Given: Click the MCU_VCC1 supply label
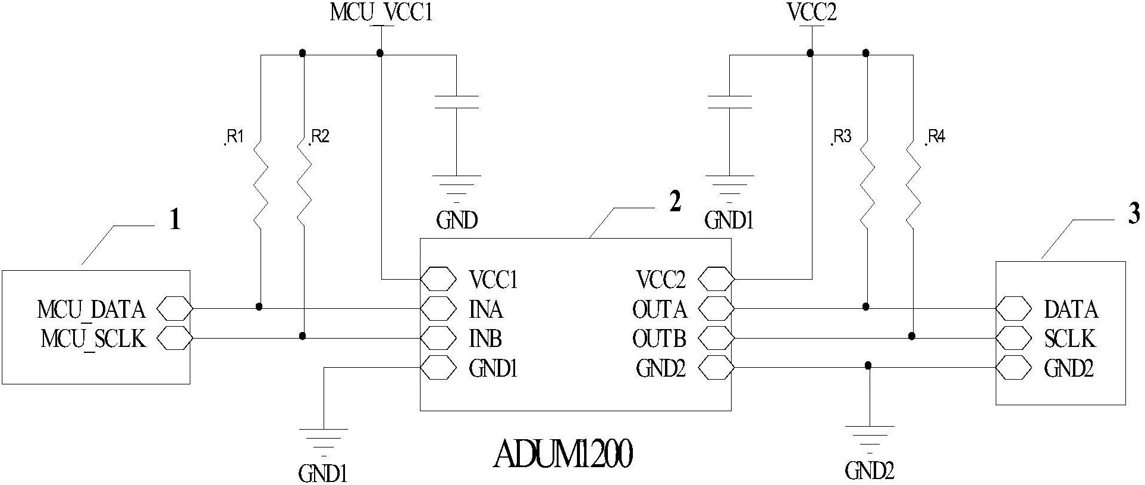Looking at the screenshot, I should click(x=381, y=12).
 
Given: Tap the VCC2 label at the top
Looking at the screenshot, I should click(x=812, y=12).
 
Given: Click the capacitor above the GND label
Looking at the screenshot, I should click(x=456, y=102).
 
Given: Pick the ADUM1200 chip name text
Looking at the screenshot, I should click(x=563, y=455).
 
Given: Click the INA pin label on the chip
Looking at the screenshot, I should click(x=485, y=309).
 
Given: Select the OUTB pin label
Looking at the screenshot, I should click(x=659, y=339).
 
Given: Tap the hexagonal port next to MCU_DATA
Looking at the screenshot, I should click(x=175, y=309).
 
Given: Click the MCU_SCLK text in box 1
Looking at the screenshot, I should click(x=93, y=339).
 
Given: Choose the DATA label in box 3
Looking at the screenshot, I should click(x=1071, y=309).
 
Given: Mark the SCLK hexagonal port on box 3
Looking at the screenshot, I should click(x=1014, y=339).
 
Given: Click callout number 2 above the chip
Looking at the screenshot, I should click(x=675, y=203).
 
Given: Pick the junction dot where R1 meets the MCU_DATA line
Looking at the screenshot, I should click(x=259, y=307).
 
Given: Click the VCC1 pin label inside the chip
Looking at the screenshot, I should click(x=493, y=279).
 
